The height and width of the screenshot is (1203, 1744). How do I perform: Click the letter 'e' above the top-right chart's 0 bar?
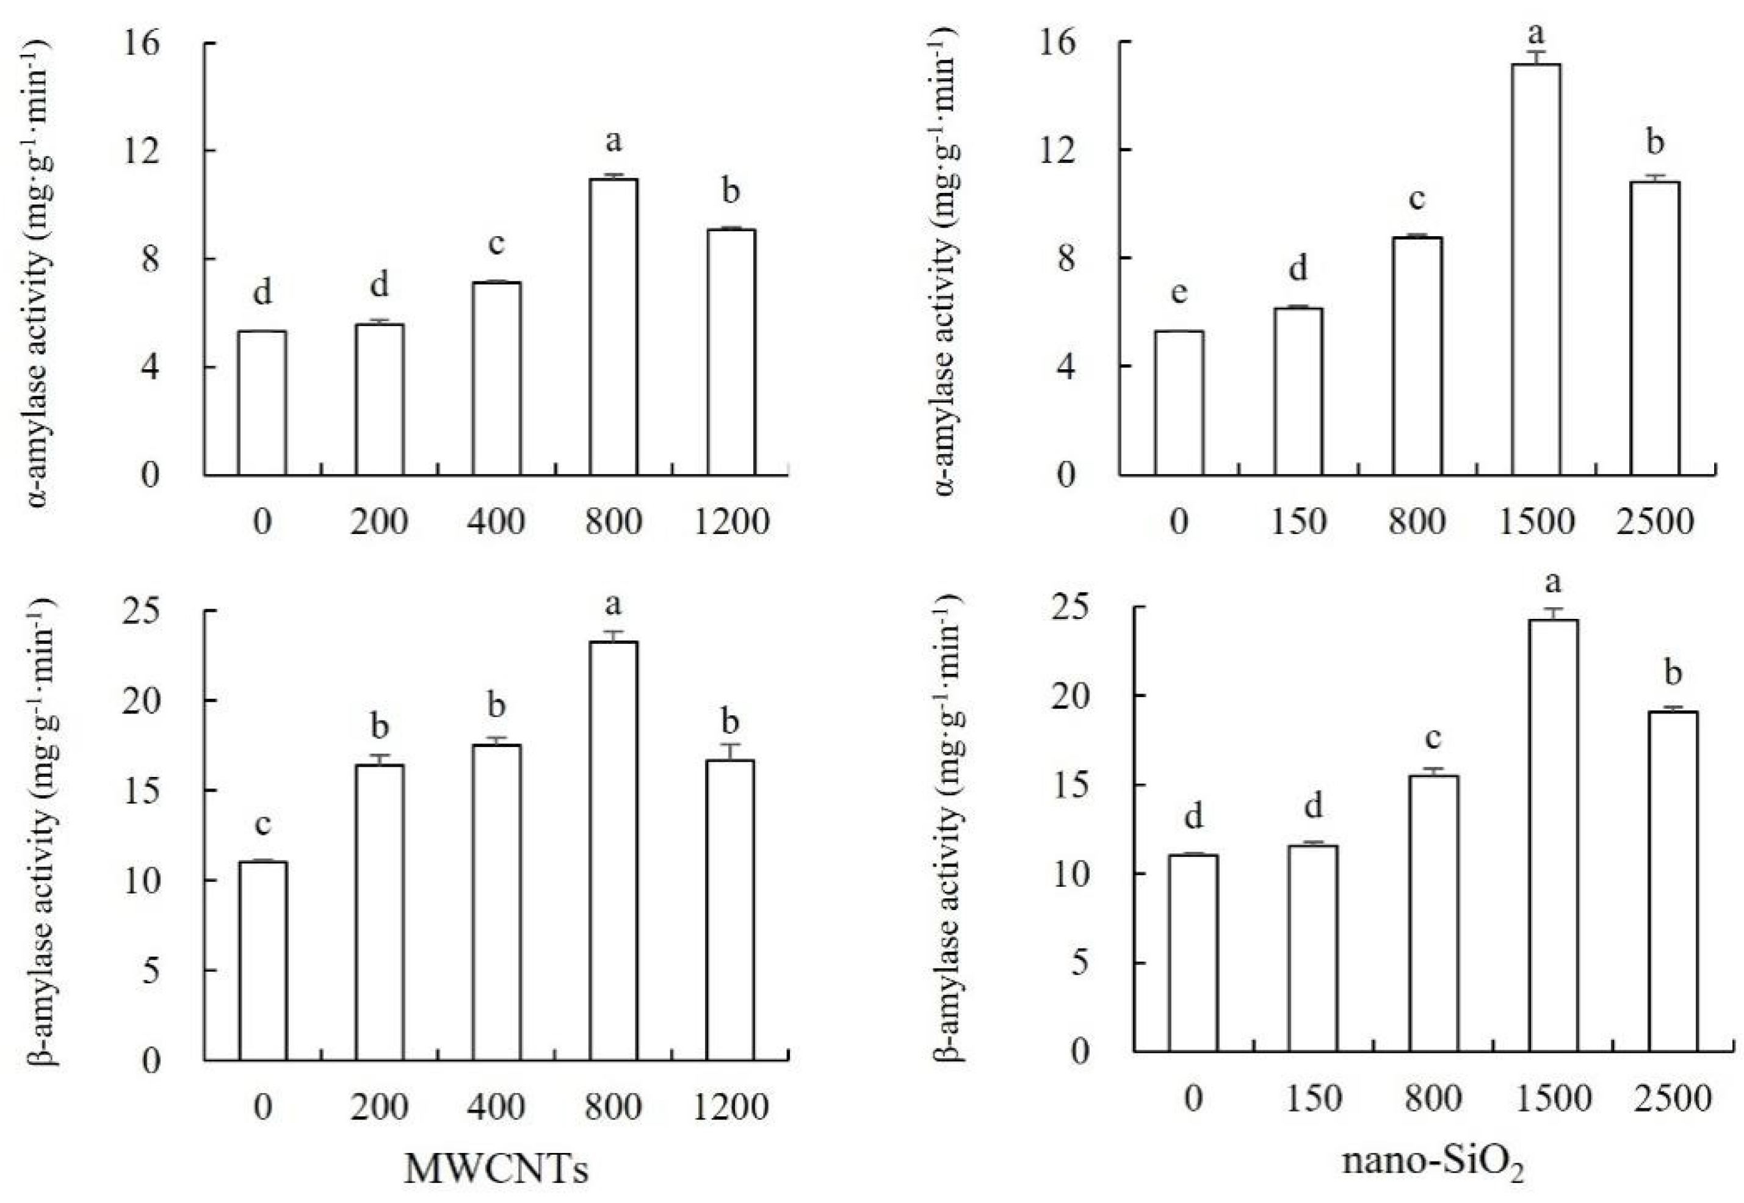pos(1179,292)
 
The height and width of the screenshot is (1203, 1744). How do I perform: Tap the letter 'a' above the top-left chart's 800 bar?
pos(613,140)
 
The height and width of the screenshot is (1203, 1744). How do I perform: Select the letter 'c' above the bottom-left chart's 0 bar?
pos(262,824)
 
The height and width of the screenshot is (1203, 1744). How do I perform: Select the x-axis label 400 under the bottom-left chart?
pos(496,1107)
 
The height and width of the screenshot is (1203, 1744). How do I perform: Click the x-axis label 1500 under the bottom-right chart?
pos(1552,1098)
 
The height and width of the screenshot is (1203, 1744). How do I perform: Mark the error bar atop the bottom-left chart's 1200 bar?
pos(730,751)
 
